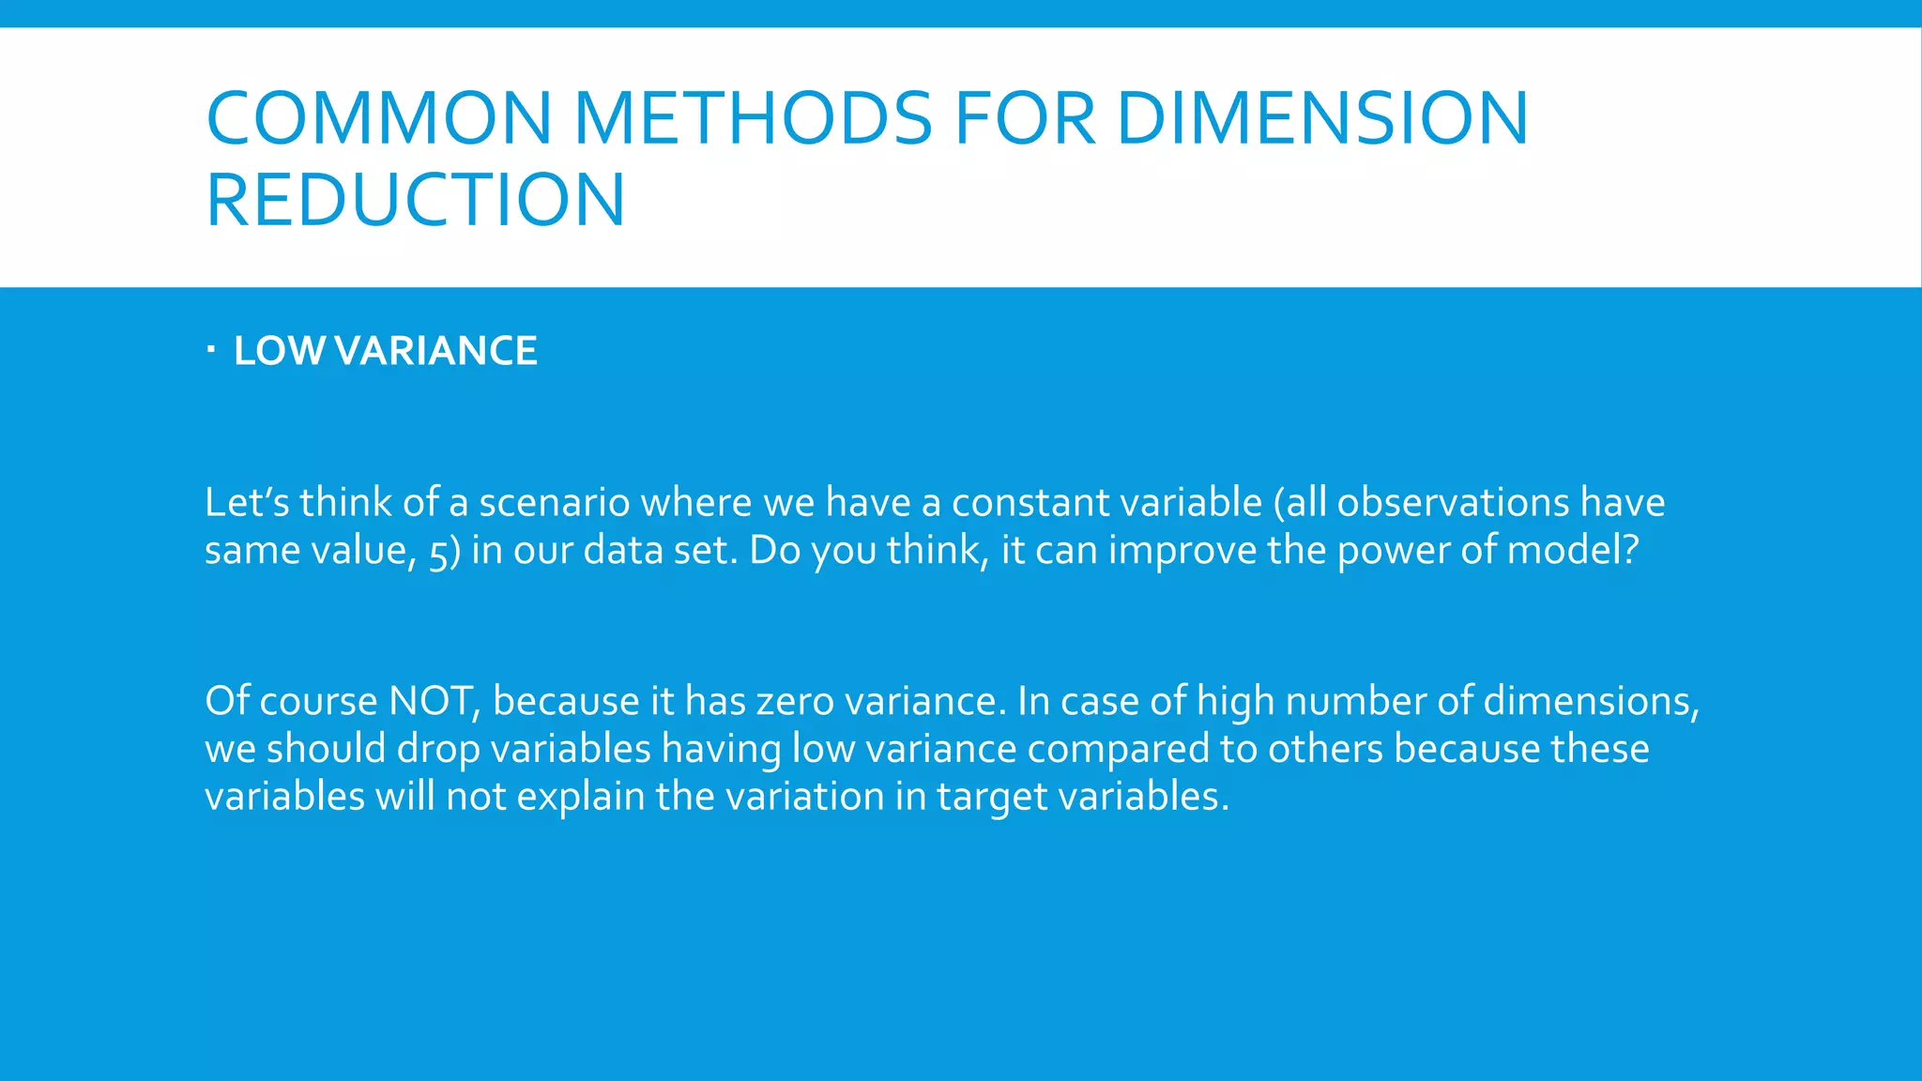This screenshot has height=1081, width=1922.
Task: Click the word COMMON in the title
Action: tap(378, 118)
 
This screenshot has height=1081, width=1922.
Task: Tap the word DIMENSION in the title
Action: tap(1322, 118)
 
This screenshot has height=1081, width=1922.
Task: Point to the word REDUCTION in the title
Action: tap(415, 200)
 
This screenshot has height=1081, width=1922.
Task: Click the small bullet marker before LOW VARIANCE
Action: tap(211, 351)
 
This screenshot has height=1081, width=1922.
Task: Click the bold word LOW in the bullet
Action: tap(280, 351)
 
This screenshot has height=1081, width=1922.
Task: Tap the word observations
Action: tap(1452, 502)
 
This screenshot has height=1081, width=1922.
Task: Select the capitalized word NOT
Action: tap(432, 701)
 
